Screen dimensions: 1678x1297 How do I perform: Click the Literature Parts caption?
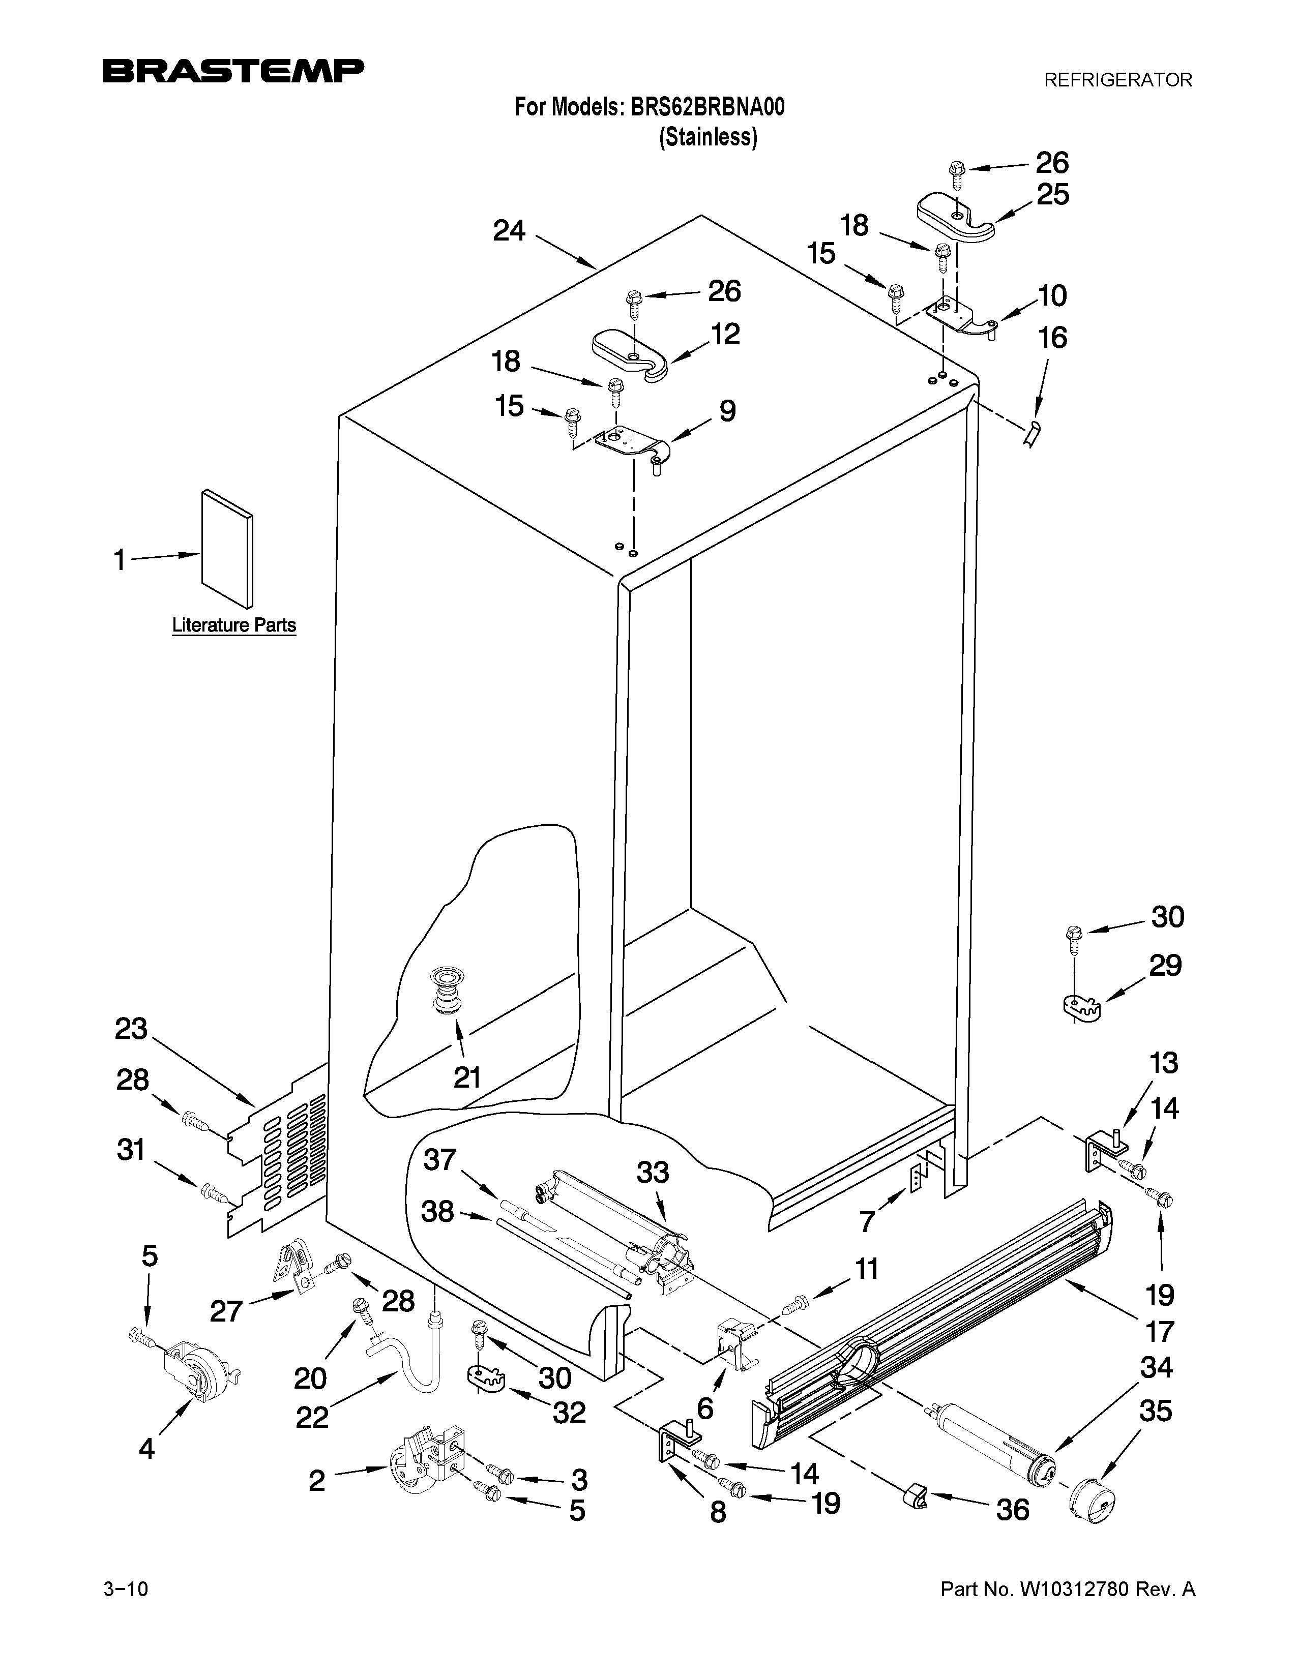tap(233, 625)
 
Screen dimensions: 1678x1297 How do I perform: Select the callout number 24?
tap(509, 230)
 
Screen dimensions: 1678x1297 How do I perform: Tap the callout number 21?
tap(466, 1077)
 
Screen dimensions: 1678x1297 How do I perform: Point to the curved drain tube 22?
tap(415, 1362)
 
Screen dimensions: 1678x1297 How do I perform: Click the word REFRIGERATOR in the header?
tap(1118, 80)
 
